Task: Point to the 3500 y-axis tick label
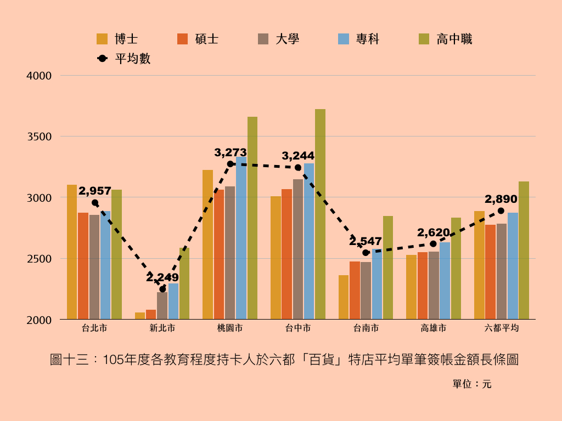[x=39, y=136]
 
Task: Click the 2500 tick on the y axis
[x=39, y=259]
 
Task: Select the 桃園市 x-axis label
[x=230, y=328]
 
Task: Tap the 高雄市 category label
[x=434, y=328]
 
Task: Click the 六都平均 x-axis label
[x=502, y=328]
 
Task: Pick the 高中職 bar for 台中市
[x=320, y=214]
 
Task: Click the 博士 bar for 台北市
[x=72, y=252]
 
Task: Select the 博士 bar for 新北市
[x=140, y=316]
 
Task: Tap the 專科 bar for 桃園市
[x=241, y=238]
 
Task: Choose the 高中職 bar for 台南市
[x=388, y=268]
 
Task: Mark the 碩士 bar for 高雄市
[x=423, y=286]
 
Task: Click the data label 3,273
[x=231, y=152]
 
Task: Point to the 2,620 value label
[x=434, y=232]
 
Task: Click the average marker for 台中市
[x=298, y=167]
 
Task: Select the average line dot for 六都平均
[x=501, y=210]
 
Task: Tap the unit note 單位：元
[x=472, y=384]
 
